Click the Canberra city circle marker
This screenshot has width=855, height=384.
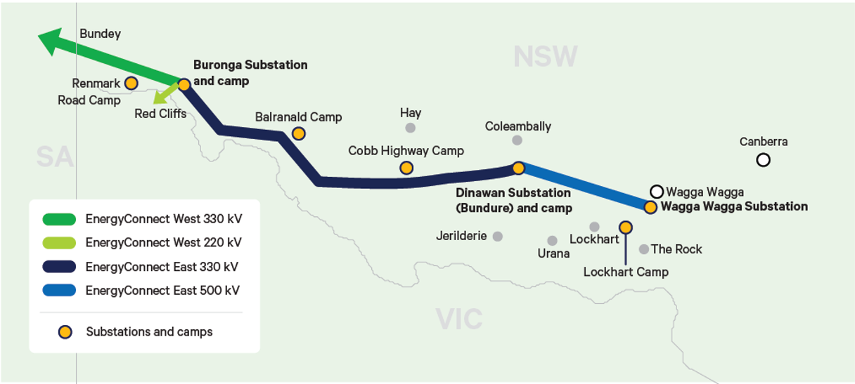point(763,160)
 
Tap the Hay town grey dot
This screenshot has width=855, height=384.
point(410,128)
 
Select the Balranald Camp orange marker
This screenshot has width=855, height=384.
point(298,133)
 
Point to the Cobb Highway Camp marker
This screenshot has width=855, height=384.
point(406,168)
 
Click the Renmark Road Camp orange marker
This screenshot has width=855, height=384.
point(131,83)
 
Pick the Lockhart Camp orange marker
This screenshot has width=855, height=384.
point(625,227)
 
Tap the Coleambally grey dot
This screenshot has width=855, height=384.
point(517,140)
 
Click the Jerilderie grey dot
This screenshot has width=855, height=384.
point(498,237)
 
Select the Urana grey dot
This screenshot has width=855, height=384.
point(552,241)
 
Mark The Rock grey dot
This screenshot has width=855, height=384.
point(643,249)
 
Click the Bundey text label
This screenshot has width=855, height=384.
point(100,34)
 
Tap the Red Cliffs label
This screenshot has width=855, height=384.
point(160,113)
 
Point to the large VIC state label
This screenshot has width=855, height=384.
point(459,319)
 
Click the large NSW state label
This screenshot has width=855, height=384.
point(545,56)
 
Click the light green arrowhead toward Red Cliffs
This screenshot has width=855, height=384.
point(162,95)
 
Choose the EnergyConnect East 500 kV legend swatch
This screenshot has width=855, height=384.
point(58,290)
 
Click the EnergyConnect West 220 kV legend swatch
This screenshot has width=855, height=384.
point(58,243)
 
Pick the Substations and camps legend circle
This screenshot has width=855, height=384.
point(65,332)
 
